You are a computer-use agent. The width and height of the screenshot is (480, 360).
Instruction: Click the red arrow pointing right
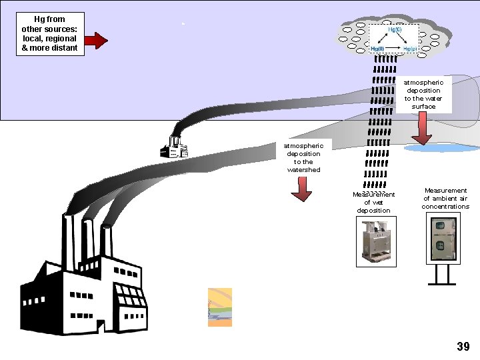tap(97, 41)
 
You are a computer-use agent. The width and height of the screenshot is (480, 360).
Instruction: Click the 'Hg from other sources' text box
tap(50, 33)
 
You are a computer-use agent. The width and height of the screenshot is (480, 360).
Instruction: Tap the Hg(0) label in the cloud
tap(395, 30)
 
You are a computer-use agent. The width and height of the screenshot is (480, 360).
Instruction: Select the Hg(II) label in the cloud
tap(377, 49)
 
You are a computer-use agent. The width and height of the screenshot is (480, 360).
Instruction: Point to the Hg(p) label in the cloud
tap(410, 49)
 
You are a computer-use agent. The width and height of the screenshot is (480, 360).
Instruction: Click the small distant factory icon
tap(174, 147)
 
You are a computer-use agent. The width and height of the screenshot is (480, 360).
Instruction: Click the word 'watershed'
tap(303, 170)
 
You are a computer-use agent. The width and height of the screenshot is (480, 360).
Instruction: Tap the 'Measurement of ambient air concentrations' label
tap(445, 199)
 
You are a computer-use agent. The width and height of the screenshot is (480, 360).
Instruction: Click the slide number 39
tap(463, 346)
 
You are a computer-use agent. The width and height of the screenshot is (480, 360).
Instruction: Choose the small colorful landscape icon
tap(220, 307)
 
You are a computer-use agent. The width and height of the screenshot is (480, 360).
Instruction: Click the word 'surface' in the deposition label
tap(423, 107)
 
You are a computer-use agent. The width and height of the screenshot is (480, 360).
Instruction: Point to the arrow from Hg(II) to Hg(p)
tap(394, 49)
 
